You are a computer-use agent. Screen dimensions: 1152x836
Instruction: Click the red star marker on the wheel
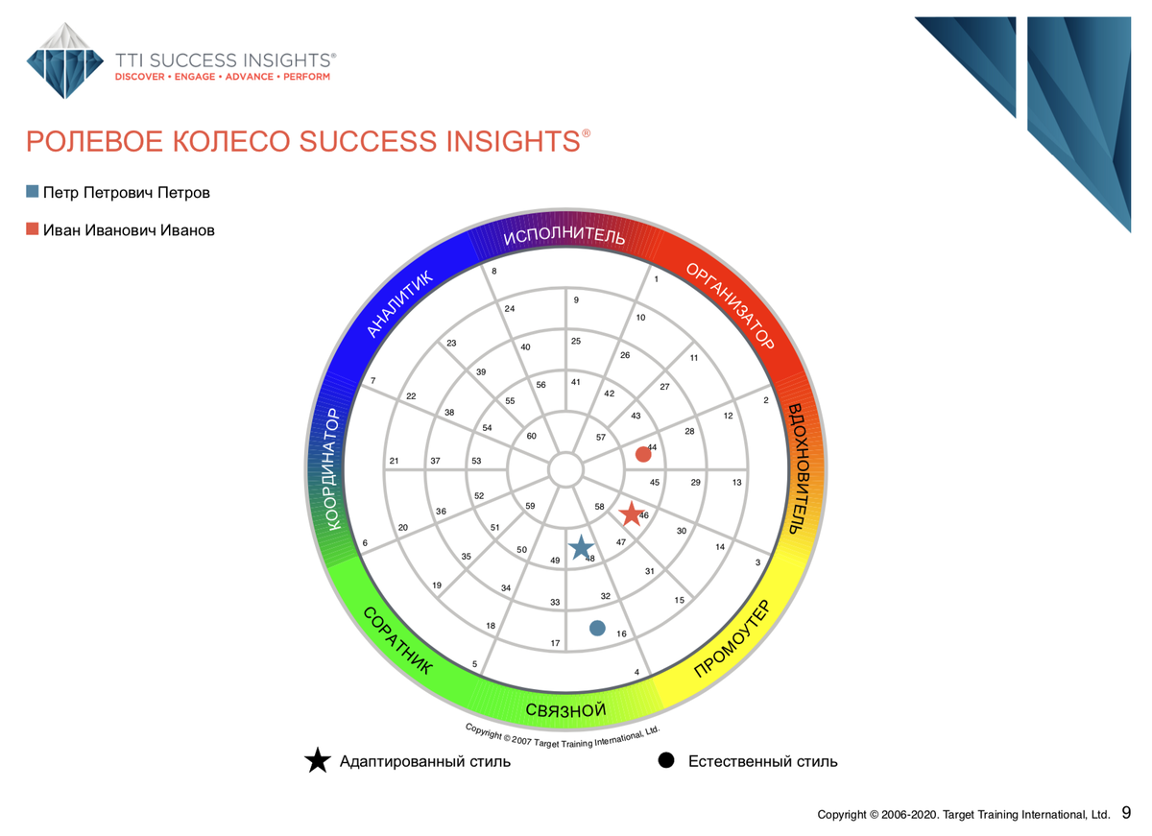pos(631,514)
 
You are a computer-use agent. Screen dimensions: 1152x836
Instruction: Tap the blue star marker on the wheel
pos(581,547)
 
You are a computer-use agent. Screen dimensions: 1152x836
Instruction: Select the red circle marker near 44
pos(643,455)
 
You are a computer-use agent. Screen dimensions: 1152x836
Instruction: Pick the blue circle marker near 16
pos(597,628)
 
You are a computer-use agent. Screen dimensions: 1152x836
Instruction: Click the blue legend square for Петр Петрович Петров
pos(33,192)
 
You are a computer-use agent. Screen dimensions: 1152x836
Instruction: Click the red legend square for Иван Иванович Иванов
pos(33,228)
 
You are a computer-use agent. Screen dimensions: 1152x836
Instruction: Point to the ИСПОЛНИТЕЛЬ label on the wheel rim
pos(564,235)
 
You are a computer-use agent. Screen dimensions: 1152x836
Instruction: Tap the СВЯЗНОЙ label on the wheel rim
pos(565,710)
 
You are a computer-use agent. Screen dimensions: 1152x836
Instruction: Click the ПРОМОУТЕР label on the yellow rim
pos(732,638)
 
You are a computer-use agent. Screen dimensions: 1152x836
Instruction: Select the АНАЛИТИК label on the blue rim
pos(399,304)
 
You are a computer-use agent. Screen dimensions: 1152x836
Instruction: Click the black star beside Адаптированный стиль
pos(318,760)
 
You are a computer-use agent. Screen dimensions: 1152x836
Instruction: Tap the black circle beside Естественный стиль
pos(666,760)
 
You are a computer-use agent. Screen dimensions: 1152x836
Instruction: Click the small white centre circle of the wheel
pos(565,469)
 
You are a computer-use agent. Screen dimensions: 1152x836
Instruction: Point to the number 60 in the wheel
pos(531,436)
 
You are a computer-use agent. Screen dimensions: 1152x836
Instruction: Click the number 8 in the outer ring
pos(493,271)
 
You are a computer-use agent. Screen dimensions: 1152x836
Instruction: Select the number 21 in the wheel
pos(394,461)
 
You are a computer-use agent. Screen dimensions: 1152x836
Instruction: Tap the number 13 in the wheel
pos(737,482)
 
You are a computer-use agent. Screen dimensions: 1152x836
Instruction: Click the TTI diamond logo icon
pos(65,60)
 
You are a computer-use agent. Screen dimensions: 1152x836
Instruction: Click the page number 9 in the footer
pos(1126,813)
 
